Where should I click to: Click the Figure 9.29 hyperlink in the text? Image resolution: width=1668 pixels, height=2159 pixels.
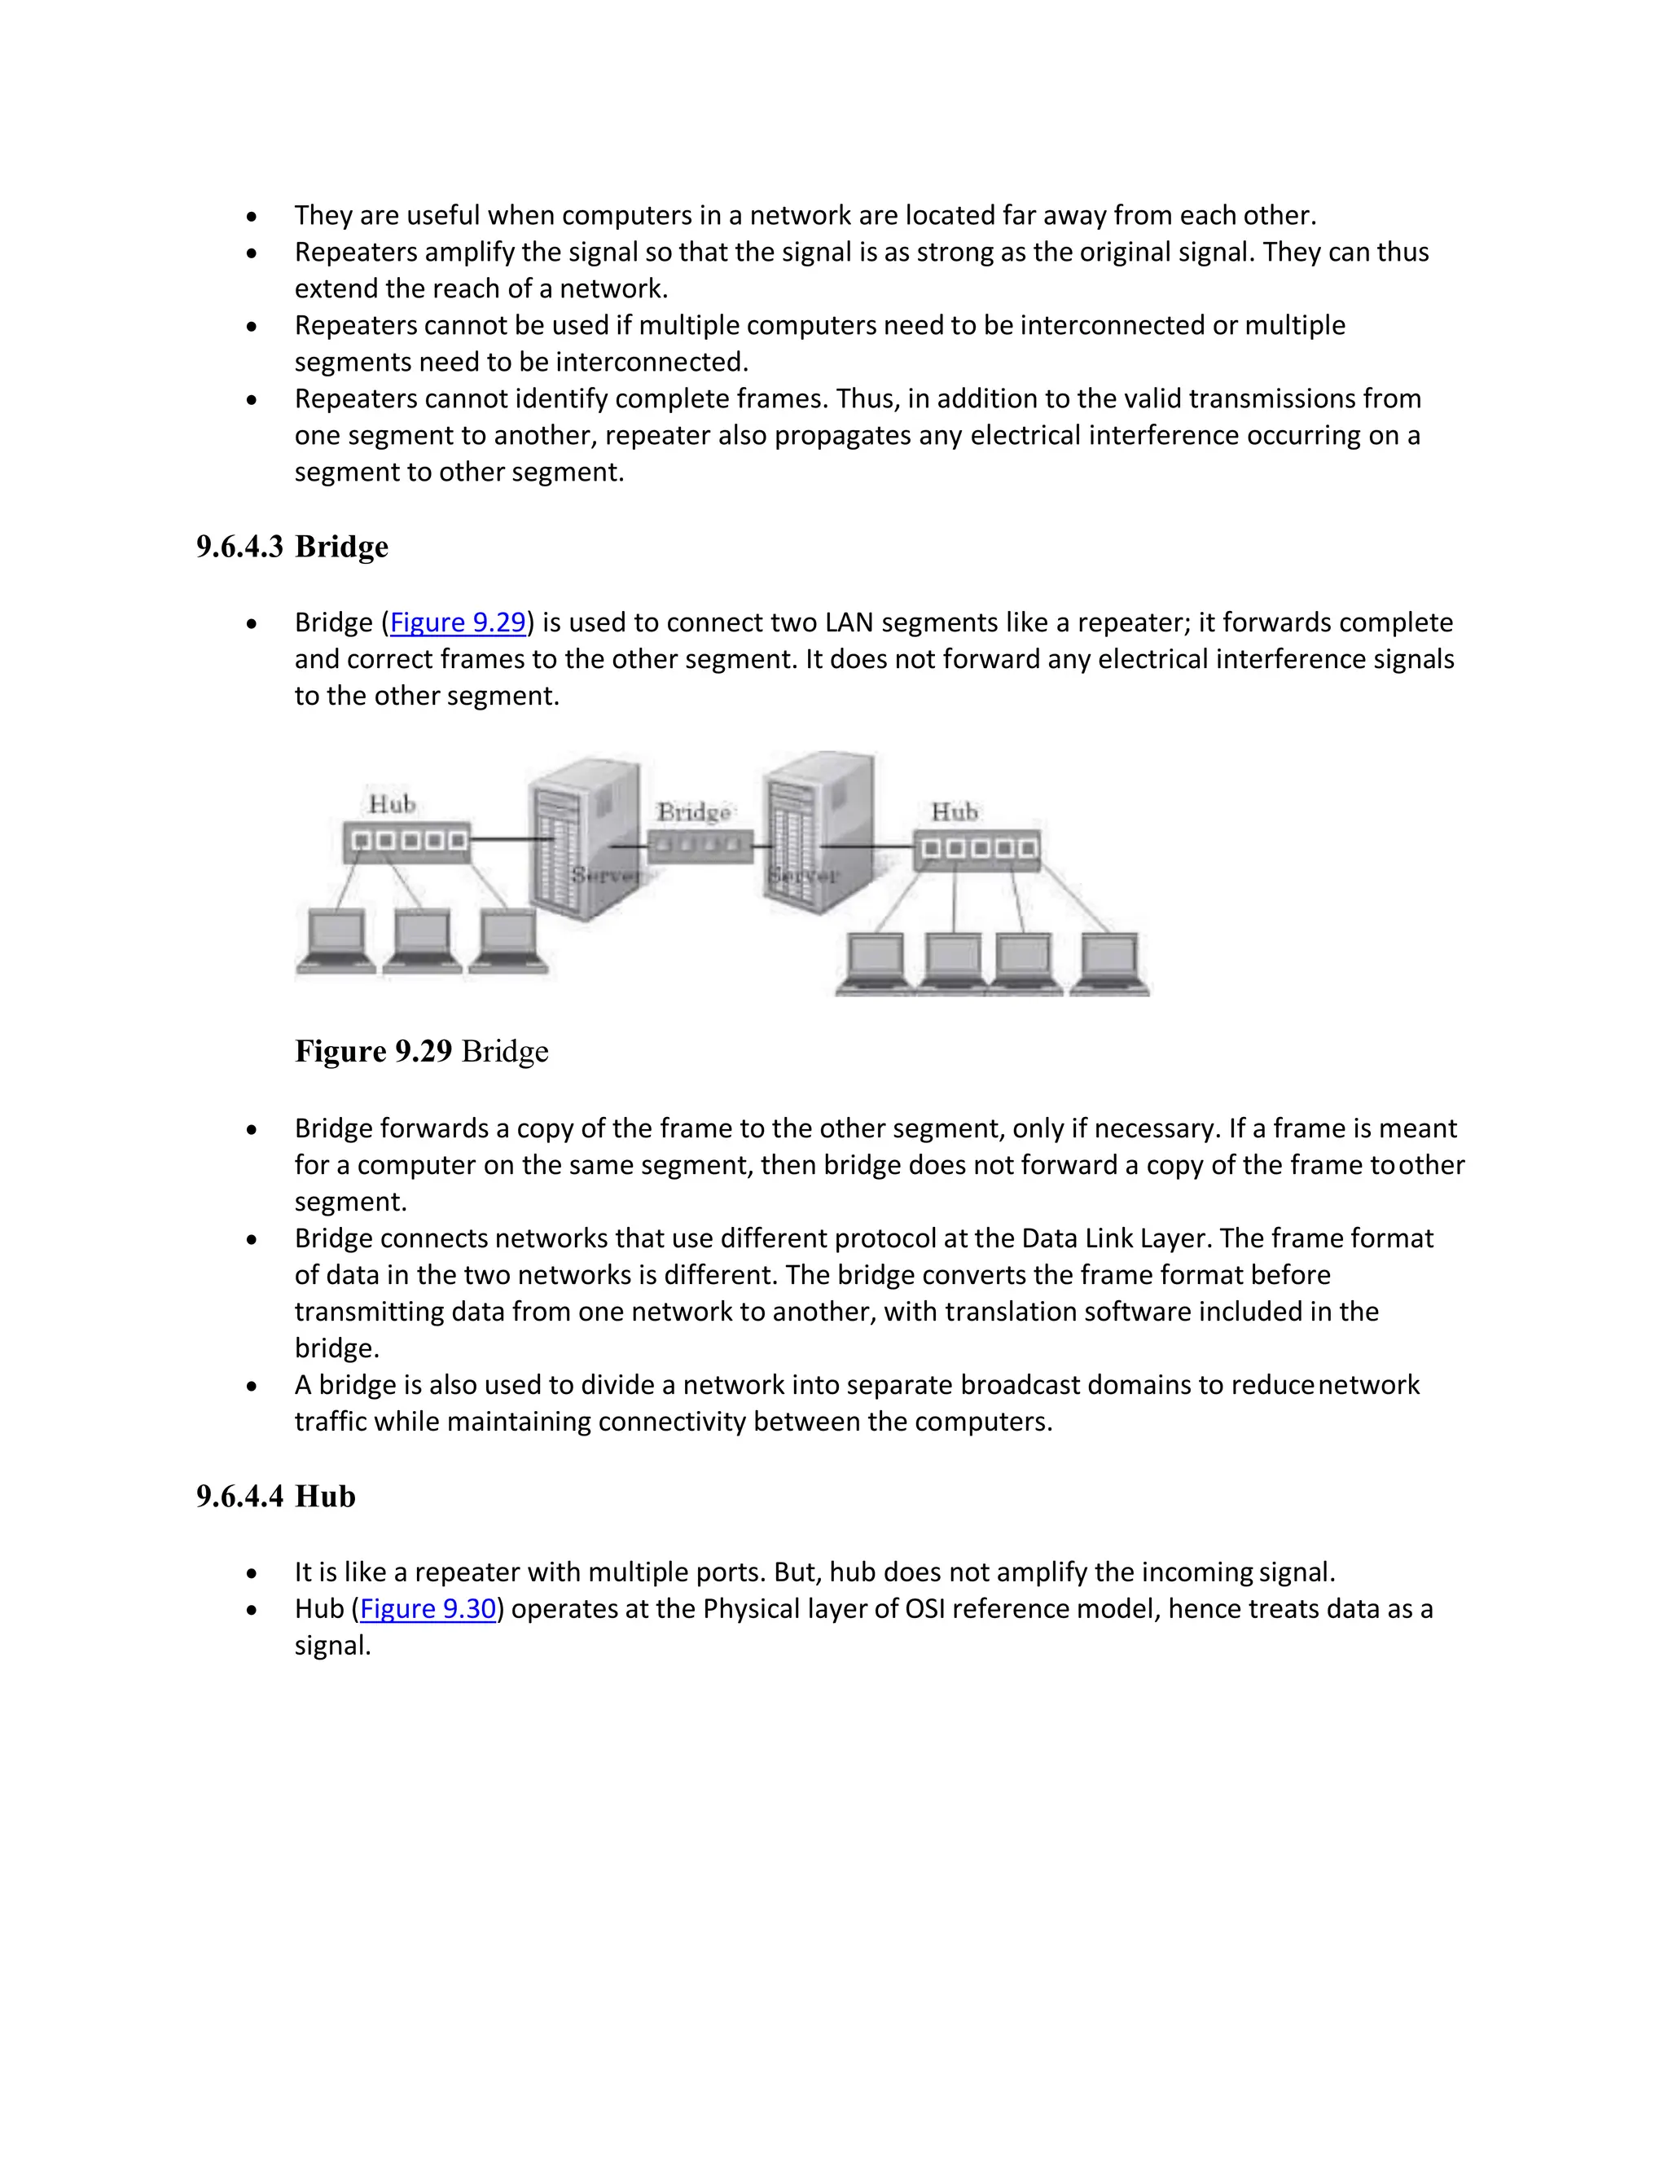point(458,622)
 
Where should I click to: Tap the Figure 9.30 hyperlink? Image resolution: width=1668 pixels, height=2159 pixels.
point(427,1609)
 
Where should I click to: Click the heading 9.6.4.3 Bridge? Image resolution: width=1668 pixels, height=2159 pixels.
point(292,547)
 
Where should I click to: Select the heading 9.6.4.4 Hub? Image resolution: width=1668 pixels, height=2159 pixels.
point(276,1497)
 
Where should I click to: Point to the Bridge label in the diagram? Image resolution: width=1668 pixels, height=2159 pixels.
point(694,811)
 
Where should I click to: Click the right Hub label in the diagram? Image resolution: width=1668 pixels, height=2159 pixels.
point(954,811)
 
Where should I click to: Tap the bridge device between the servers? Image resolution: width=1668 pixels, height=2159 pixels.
point(700,846)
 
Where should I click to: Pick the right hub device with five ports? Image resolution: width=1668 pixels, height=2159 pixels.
point(977,849)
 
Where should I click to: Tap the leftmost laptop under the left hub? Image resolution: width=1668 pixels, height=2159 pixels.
point(336,942)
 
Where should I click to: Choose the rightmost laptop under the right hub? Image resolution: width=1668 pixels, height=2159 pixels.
point(1110,963)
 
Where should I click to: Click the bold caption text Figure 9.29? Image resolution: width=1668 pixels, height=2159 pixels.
point(374,1051)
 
